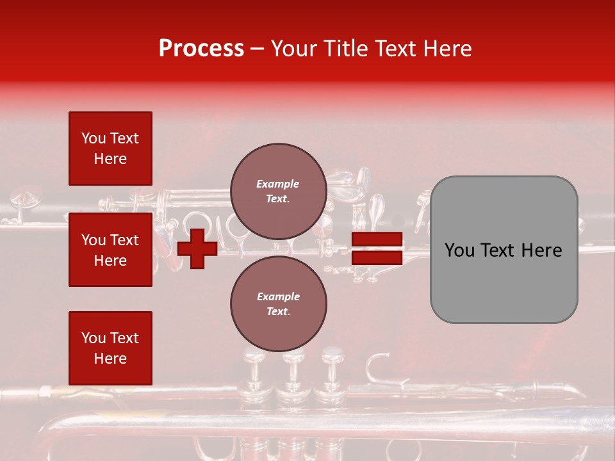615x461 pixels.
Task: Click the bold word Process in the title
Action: pos(201,48)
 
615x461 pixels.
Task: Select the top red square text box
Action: pos(110,149)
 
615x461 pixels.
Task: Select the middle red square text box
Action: pos(110,250)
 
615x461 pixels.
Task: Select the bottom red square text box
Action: pos(110,348)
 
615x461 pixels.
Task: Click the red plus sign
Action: pos(197,248)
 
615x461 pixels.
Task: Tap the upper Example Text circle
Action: pos(279,191)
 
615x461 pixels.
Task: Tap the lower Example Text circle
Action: pos(279,304)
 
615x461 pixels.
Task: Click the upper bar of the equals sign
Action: pos(377,240)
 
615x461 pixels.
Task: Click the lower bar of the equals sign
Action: pos(377,257)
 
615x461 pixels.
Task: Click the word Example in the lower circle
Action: pos(278,296)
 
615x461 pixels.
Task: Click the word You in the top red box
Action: pos(94,138)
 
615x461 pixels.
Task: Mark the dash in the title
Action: pos(258,49)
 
